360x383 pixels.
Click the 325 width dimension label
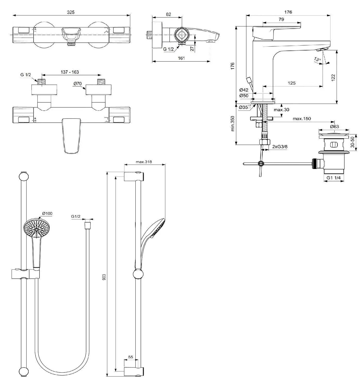click(71, 12)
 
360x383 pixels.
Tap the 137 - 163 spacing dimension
click(70, 72)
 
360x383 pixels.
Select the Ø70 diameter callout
click(77, 83)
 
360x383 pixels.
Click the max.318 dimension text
click(144, 162)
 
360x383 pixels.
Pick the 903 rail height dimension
click(104, 277)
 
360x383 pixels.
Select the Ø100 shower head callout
click(47, 213)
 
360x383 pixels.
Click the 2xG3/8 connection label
click(280, 147)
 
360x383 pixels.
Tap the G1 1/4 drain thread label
click(333, 178)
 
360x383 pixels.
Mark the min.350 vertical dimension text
click(233, 124)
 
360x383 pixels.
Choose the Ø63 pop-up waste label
click(334, 126)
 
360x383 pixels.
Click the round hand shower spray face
click(38, 228)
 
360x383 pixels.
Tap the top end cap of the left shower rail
click(23, 176)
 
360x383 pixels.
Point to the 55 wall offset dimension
click(130, 357)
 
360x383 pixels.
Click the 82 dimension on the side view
click(168, 14)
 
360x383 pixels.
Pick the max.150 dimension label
click(302, 119)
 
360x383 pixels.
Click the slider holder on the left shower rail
click(25, 274)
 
